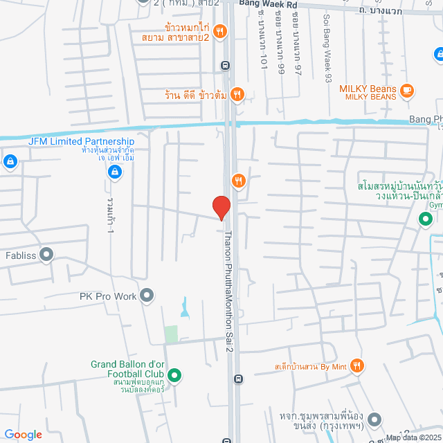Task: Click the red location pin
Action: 221,207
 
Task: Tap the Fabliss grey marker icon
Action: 46,255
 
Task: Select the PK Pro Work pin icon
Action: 147,296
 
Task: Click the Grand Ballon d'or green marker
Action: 175,377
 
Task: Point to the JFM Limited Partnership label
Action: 81,141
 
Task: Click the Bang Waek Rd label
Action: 268,3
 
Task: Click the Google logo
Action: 24,434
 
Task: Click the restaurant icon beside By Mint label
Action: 357,365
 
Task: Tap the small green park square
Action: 171,334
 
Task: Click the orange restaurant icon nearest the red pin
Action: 239,181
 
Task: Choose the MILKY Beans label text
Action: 367,89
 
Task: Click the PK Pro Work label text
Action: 107,296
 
